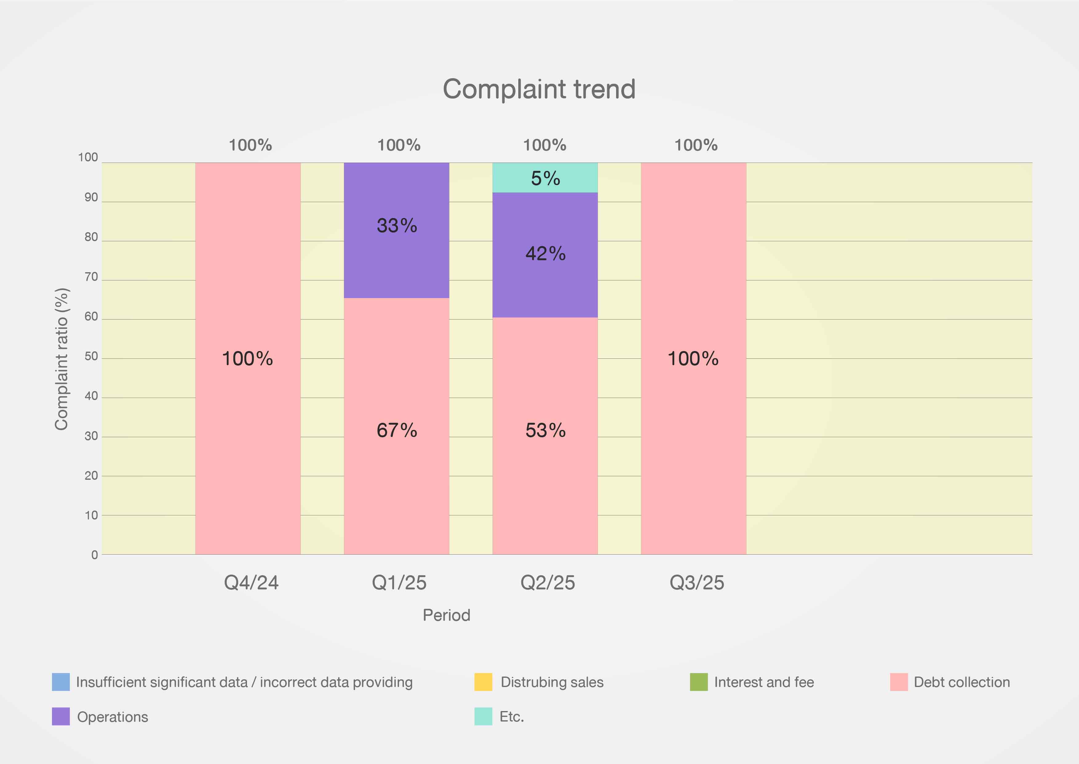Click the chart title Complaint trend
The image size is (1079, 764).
539,89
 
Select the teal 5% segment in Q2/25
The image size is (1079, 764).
545,178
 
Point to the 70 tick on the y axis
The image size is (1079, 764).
91,277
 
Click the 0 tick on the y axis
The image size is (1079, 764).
94,555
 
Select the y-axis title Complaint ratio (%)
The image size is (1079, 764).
62,359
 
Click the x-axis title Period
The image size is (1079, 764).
446,615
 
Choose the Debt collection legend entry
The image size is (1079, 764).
962,682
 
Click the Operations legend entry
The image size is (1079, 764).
112,717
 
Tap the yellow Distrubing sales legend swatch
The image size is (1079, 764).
483,682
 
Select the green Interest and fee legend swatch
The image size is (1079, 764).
698,682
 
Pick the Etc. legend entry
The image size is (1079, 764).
511,717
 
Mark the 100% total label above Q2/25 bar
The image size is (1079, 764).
545,145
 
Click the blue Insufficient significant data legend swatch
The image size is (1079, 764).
61,682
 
